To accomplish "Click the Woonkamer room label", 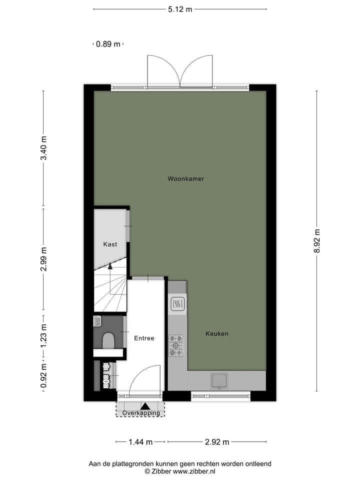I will [x=186, y=178].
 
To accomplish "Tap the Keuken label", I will [x=217, y=333].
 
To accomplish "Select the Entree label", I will [x=144, y=338].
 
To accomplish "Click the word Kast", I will [x=110, y=244].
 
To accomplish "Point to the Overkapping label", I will [x=141, y=413].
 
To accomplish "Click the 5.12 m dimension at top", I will [x=180, y=8].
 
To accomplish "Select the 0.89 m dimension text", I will [x=108, y=44].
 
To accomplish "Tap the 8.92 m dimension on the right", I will [x=317, y=241].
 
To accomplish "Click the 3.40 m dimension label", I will [x=43, y=148].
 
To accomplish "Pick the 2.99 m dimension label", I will [x=43, y=259].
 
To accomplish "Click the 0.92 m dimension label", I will [x=43, y=376].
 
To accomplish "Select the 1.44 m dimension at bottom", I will [x=140, y=441].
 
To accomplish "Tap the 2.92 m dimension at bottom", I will [x=217, y=441].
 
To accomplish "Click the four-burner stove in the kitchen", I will [x=176, y=345].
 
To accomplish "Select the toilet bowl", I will [x=108, y=341].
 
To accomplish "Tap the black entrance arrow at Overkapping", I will [x=145, y=406].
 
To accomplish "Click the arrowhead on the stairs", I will [x=110, y=266].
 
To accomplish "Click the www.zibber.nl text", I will [x=195, y=471].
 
